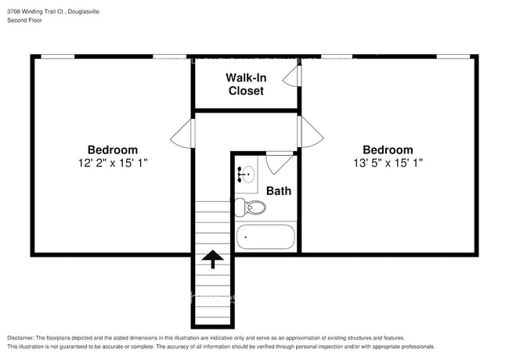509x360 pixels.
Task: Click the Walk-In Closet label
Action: (246, 84)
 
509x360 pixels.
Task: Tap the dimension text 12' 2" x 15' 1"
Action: (113, 163)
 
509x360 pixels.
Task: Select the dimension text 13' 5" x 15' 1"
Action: (387, 163)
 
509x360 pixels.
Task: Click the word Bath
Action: (278, 190)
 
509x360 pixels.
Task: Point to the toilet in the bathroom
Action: (252, 207)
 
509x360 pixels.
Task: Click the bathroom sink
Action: (247, 175)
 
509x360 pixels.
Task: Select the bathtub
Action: (265, 236)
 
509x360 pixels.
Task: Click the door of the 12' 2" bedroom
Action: (182, 133)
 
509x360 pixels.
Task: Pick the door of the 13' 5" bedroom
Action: (311, 131)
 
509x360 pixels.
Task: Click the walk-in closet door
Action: (292, 75)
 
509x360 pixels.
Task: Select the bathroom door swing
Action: (279, 163)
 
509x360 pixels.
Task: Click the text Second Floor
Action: (25, 20)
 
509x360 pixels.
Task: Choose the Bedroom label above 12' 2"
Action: (113, 149)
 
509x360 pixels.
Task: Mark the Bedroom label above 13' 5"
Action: (387, 149)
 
